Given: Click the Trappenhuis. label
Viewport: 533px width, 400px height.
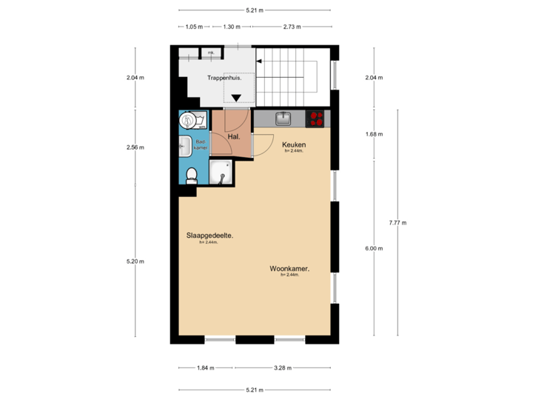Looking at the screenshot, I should point(224,77).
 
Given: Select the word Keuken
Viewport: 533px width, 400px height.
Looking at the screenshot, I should point(294,145).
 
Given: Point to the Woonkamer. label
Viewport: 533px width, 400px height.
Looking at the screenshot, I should point(289,270).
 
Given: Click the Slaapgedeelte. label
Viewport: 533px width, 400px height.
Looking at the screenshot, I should point(210,236).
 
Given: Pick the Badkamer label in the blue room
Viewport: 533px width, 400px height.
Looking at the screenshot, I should point(200,144).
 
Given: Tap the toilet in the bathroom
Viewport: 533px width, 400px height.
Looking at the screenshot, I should point(192,175).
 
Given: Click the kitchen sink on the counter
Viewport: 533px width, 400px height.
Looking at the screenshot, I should point(283,118).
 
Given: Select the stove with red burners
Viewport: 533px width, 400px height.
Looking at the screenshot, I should point(317,118).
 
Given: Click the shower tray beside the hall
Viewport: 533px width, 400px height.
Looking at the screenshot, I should point(220,173).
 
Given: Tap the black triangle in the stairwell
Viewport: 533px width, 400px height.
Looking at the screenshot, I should point(237,97).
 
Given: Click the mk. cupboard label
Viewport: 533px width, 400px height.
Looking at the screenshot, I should point(211,53).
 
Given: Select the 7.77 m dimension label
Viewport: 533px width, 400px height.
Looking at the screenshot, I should point(398,222).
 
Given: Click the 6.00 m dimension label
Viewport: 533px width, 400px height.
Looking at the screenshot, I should point(374,249).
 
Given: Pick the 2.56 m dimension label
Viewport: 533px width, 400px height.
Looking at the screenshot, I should point(135,147).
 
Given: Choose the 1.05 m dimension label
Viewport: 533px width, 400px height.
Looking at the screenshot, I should point(193,27).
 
